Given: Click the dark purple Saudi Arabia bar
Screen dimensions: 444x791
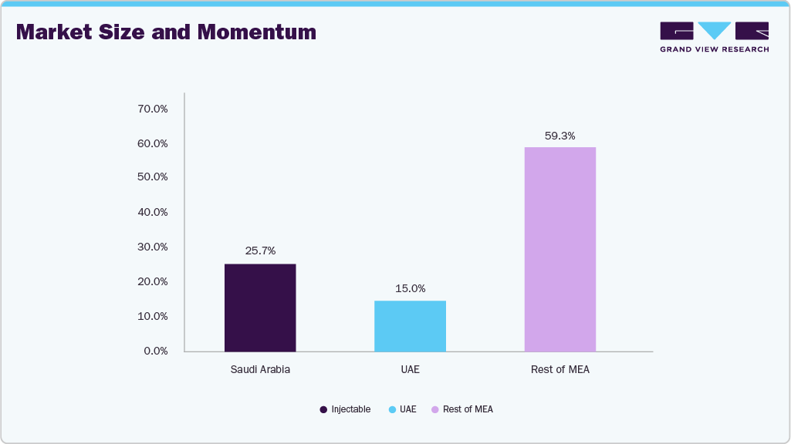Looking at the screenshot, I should [x=260, y=308].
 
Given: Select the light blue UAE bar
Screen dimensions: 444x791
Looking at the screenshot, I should [x=410, y=326].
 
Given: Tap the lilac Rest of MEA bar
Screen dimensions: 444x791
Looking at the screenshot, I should [x=559, y=249].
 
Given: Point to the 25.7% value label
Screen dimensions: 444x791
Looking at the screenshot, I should [x=260, y=251].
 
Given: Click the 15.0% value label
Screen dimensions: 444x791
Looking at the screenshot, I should [x=410, y=288].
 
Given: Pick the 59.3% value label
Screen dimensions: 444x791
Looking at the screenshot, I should [x=559, y=136].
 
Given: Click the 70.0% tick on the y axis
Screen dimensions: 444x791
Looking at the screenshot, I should [x=152, y=109].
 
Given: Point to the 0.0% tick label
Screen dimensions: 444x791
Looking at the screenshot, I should [x=155, y=351].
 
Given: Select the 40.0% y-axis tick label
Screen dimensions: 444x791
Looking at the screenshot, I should [x=152, y=212].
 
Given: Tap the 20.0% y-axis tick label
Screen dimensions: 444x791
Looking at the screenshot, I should [x=152, y=281].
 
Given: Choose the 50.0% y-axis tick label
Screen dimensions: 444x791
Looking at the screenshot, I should [x=152, y=177].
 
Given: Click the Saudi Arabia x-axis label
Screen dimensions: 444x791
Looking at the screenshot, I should [x=260, y=370].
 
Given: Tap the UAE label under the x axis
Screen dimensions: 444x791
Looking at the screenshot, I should [x=410, y=370].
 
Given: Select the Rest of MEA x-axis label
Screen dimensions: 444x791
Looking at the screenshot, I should [x=559, y=370].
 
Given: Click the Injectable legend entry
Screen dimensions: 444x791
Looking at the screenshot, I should [x=345, y=409].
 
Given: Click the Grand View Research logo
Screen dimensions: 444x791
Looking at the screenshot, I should [x=714, y=36].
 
